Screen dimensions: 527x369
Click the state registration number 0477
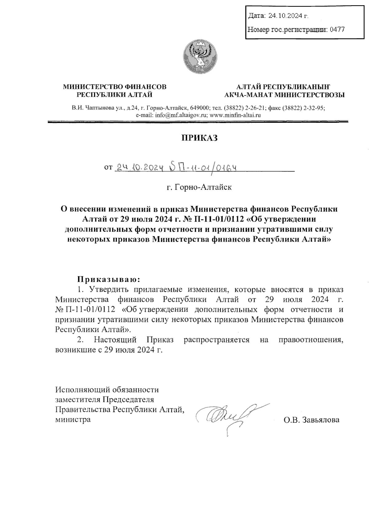tap(337, 29)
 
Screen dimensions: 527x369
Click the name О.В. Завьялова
tap(312, 420)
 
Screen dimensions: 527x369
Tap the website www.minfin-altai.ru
tap(235, 116)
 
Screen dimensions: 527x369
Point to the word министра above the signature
tap(73, 419)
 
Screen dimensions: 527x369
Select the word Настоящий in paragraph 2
tap(113, 340)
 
